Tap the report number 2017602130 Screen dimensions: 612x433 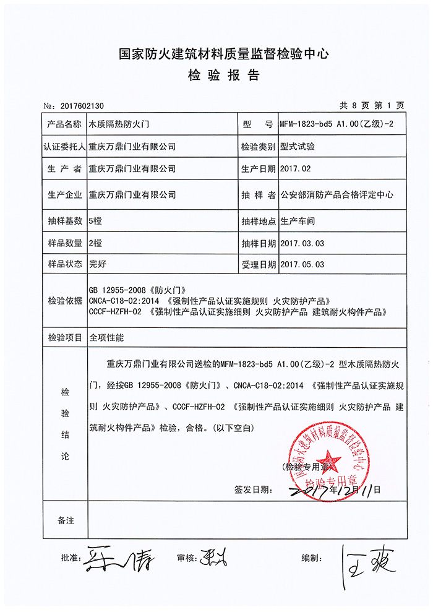tap(81, 106)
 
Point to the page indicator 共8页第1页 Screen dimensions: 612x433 tap(371, 105)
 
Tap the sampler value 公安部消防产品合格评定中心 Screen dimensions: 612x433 tap(337, 194)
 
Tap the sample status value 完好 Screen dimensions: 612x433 tap(98, 264)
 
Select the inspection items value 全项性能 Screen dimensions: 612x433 tap(106, 338)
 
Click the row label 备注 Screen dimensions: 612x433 tap(66, 520)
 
